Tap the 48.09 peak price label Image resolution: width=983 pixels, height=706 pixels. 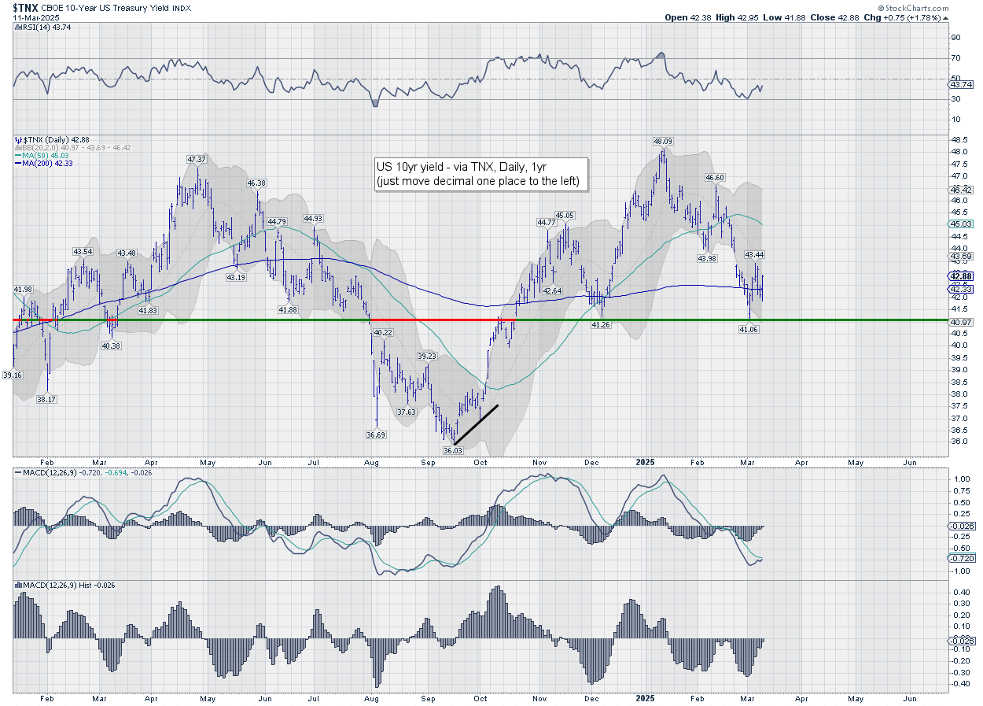click(x=663, y=142)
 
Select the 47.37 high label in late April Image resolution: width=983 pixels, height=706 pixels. click(x=196, y=160)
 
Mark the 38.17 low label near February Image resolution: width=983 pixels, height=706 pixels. click(x=46, y=399)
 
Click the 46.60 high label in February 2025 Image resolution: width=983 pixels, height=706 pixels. click(x=715, y=178)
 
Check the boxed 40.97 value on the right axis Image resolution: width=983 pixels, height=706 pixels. click(x=961, y=321)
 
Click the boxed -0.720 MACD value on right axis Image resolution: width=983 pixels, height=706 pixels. click(x=962, y=557)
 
